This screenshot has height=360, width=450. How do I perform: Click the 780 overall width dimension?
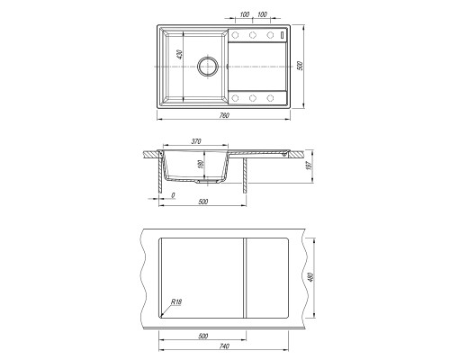point(224,115)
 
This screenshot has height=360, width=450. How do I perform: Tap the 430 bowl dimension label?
point(179,55)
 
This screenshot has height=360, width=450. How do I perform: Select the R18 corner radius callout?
point(176,301)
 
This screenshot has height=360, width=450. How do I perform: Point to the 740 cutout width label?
point(224,346)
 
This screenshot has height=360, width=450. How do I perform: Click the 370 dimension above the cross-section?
point(196,141)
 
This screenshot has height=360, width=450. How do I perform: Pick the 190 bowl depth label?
point(201,164)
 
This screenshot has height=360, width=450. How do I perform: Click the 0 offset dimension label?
point(173,195)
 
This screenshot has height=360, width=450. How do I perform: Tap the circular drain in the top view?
point(207,67)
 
